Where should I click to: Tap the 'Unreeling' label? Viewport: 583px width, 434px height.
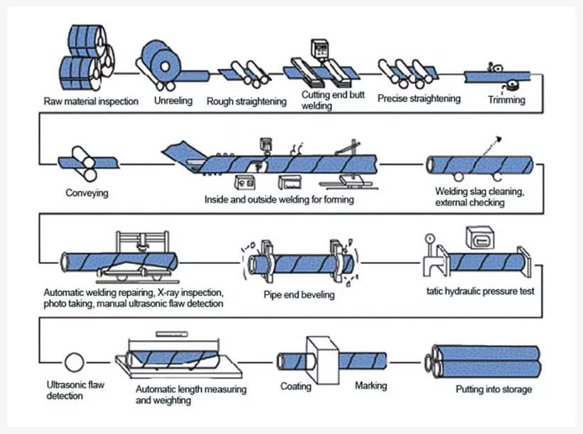point(173,101)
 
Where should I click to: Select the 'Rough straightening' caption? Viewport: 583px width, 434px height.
point(246,101)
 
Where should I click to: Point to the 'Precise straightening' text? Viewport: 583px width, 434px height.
point(419,98)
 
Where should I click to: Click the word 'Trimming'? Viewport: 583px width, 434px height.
point(506,100)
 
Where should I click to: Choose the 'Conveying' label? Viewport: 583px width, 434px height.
point(87,193)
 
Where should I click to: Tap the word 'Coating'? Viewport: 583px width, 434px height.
point(295,386)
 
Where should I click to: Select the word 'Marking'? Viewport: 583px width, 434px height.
point(370,386)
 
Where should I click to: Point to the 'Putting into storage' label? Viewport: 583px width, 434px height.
point(493,389)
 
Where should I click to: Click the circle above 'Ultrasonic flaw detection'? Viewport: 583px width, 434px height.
point(74,362)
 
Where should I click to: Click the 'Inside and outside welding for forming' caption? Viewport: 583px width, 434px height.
point(279,200)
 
